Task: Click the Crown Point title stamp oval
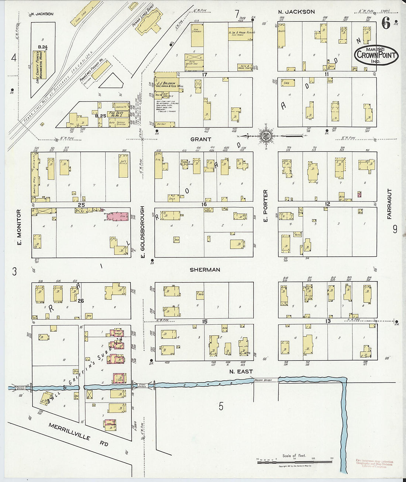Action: (x=377, y=55)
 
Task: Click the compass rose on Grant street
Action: (x=265, y=136)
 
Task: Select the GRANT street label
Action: (x=201, y=139)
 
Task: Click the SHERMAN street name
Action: (x=205, y=270)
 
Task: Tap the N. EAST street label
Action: (x=241, y=371)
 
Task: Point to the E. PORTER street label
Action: (x=265, y=206)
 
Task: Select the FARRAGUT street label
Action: (x=389, y=204)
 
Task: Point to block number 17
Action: (x=204, y=74)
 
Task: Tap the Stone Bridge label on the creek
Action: (x=142, y=386)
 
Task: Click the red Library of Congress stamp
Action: (x=374, y=464)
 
